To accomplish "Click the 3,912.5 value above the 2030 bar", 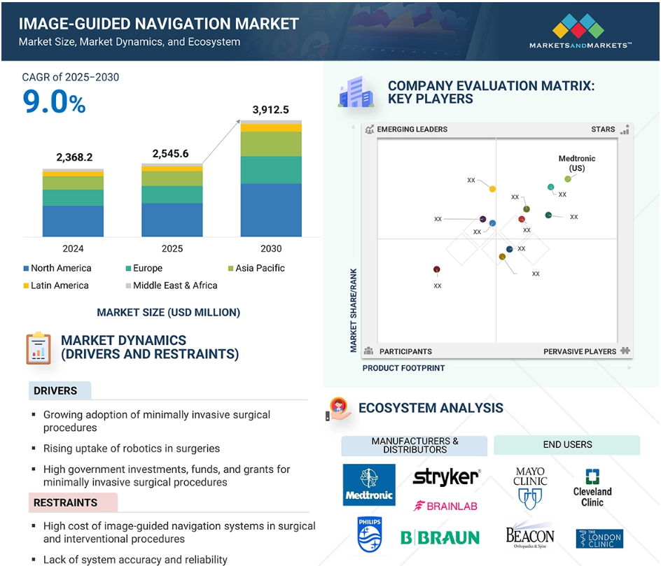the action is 271,110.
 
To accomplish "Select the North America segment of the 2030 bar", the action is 271,210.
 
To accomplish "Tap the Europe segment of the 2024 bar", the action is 73,197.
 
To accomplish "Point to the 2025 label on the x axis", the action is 172,248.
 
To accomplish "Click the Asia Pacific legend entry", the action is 256,268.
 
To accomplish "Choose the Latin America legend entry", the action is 56,285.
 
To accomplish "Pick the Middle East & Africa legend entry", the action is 172,285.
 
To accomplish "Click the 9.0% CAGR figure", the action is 54,102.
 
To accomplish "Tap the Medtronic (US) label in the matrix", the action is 577,163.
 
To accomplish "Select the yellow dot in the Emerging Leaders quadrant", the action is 492,189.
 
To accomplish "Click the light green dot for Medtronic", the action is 568,179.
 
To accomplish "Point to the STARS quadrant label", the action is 603,129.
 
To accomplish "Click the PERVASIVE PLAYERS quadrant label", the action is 580,351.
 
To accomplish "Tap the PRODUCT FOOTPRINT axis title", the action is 403,368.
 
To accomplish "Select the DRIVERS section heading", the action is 55,391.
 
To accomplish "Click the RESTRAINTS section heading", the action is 65,503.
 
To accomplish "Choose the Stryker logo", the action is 447,477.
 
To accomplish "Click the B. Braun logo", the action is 440,538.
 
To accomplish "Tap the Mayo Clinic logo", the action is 530,488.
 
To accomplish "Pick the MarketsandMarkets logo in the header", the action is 580,31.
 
